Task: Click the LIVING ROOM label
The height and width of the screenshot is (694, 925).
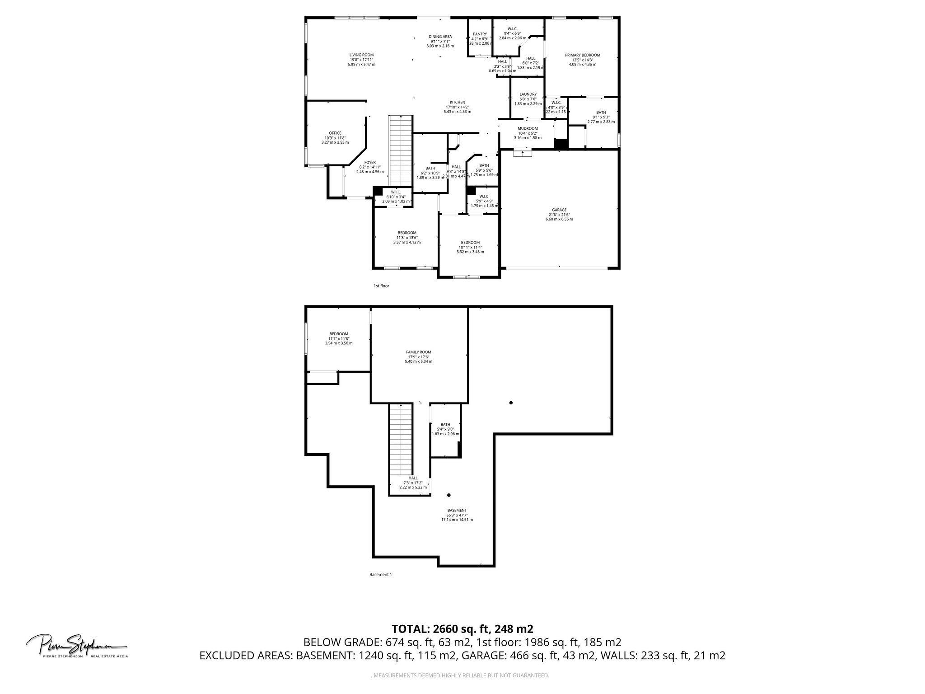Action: tap(361, 55)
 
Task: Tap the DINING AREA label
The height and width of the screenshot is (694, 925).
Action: tap(440, 37)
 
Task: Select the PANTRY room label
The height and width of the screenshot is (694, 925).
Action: tap(480, 34)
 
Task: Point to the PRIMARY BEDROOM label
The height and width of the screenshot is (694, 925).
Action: tap(582, 55)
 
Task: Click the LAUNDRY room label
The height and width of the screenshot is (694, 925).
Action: tap(528, 94)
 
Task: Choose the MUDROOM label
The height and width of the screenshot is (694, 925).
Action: tap(528, 128)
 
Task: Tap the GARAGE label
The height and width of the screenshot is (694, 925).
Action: tap(559, 210)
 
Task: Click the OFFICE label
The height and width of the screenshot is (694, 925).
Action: tap(335, 133)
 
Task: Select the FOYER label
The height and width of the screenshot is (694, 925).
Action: tap(370, 163)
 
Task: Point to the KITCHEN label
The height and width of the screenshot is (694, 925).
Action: tap(457, 103)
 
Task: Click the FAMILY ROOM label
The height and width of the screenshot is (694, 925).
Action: tap(418, 352)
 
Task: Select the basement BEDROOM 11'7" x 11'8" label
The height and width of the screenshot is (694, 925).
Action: tap(338, 334)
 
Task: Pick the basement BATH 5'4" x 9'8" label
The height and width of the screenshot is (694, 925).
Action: tap(445, 425)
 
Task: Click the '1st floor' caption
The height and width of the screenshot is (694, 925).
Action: tap(381, 286)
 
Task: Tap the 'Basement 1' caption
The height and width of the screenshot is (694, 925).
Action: tap(380, 575)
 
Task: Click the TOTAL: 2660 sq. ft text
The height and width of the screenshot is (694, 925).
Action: tap(462, 629)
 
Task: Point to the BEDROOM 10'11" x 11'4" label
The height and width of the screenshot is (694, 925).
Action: tap(470, 243)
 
